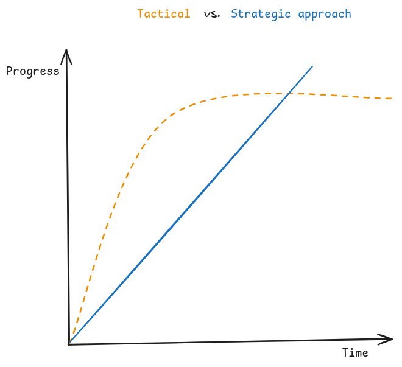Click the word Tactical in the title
[163, 14]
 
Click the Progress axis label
[33, 71]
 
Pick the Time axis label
[355, 352]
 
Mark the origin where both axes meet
[69, 344]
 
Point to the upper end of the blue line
[312, 66]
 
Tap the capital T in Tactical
[141, 14]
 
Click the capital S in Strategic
[234, 14]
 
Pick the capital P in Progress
[9, 71]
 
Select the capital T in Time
[345, 352]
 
